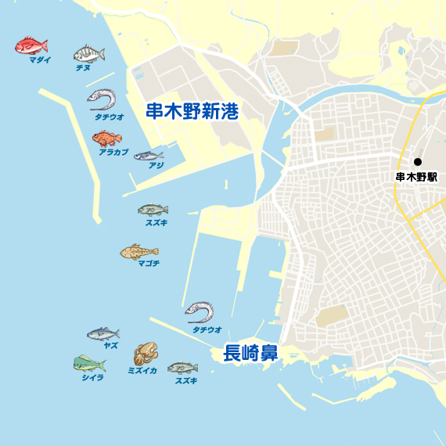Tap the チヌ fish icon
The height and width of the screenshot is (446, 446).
pos(88,54)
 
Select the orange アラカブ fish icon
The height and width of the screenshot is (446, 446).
pos(106,138)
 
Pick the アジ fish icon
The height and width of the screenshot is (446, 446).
pos(149,156)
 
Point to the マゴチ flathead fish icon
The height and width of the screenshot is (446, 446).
pos(139,252)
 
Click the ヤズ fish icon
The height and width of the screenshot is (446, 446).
pos(103,334)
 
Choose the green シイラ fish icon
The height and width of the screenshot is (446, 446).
pos(89,363)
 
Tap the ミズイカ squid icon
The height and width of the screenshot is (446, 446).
pos(146,354)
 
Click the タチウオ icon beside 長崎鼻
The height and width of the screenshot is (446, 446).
pos(200,313)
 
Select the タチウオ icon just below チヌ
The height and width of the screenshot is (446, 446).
pos(102,99)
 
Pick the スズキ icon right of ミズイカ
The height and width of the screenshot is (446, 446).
pos(182,368)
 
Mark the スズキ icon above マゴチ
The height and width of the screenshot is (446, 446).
pos(153,210)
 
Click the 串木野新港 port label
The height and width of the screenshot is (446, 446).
pos(192,111)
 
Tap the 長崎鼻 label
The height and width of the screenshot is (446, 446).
pos(250,353)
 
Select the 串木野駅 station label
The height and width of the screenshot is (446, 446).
pos(416,177)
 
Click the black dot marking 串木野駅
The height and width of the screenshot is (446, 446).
pos(417,162)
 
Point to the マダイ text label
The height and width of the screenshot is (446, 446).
pos(39,59)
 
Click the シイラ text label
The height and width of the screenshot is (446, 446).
pos(92,377)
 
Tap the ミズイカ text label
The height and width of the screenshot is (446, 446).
pos(142,371)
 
